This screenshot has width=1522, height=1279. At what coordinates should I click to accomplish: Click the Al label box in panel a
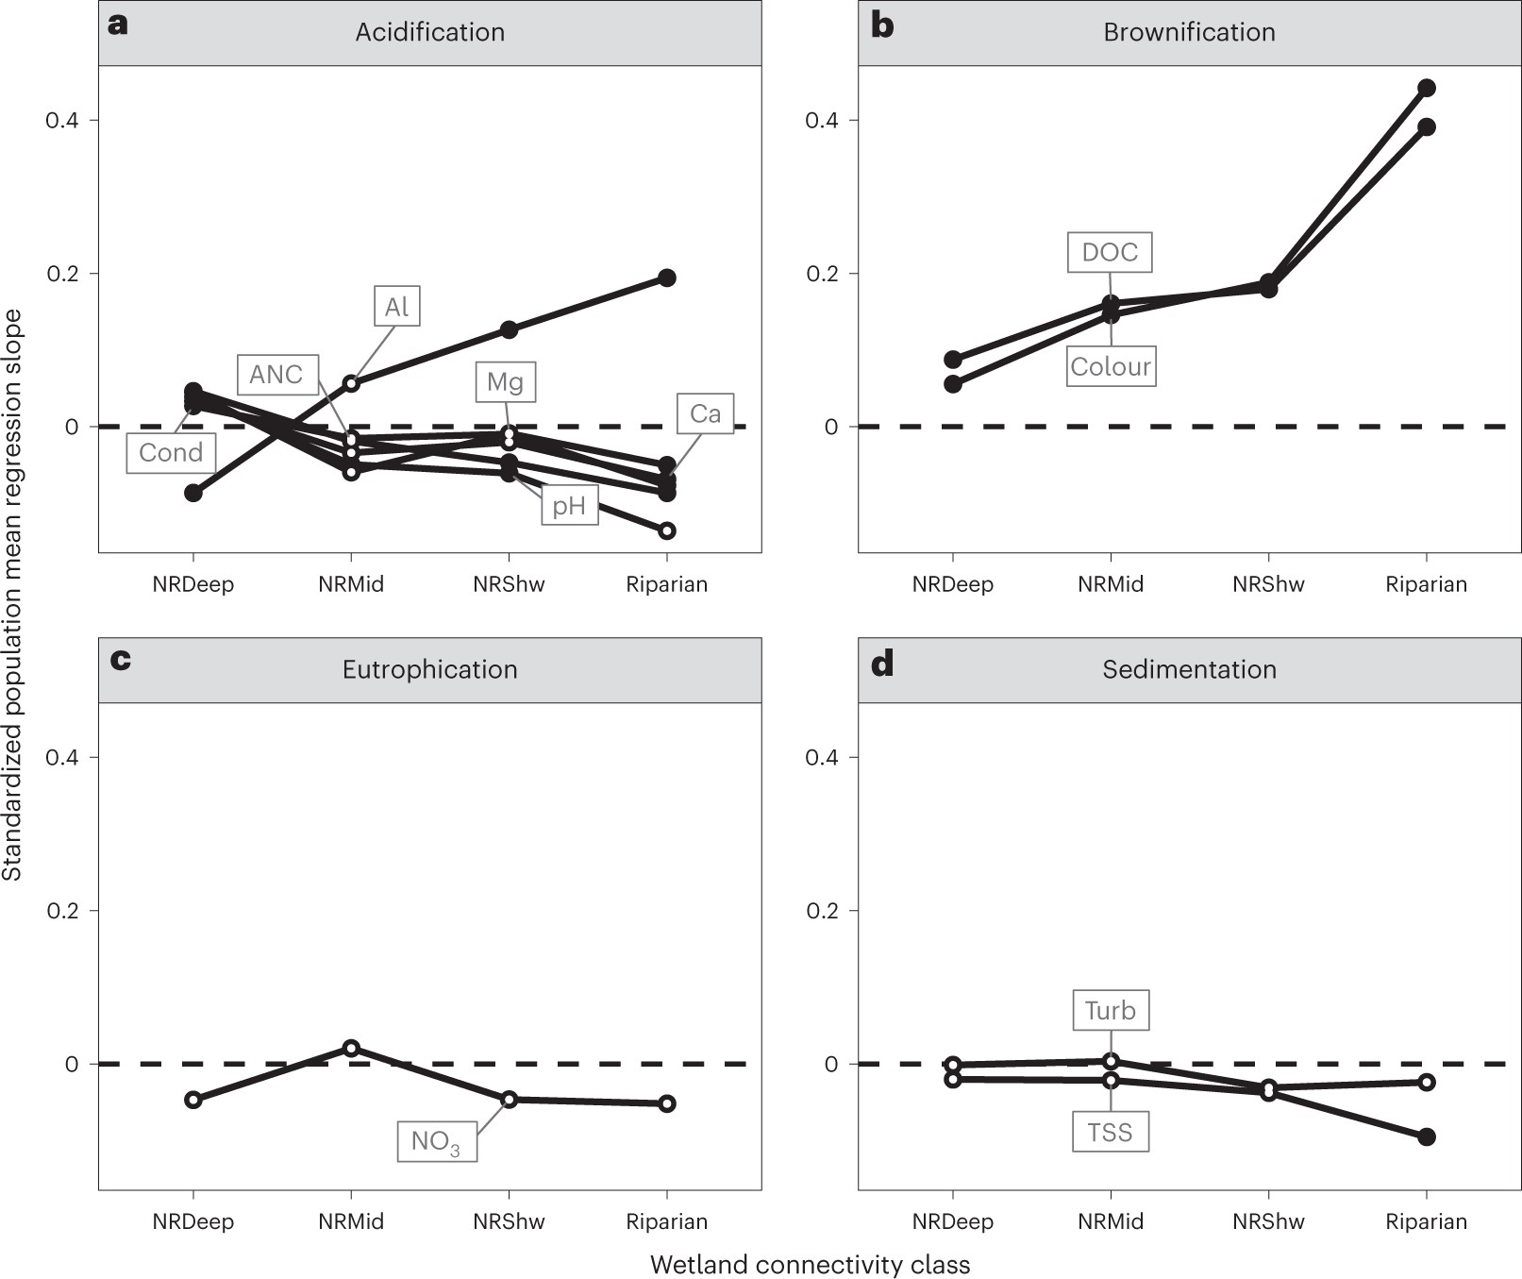tap(396, 307)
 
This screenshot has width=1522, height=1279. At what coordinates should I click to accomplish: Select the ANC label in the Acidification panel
tap(276, 375)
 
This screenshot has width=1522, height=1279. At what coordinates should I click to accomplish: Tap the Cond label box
tap(171, 453)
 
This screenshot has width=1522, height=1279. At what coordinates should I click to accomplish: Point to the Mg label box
tap(505, 382)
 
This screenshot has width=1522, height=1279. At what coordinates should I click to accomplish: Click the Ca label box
tap(705, 413)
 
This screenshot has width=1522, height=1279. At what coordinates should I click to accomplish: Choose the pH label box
tap(569, 506)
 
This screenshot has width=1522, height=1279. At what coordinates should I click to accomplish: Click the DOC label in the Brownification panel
tap(1110, 252)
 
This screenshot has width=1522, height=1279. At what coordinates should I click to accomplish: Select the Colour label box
tap(1111, 366)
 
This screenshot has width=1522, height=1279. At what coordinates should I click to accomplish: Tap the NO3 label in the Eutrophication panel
tap(436, 1142)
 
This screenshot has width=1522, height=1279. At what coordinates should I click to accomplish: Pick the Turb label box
tap(1110, 1010)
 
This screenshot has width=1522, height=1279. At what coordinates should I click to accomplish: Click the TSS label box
tap(1110, 1132)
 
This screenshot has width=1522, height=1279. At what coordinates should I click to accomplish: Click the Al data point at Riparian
tap(667, 278)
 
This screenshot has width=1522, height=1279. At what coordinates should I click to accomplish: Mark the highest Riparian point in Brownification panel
tap(1427, 88)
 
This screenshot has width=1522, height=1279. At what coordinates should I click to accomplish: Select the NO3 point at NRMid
tap(351, 1048)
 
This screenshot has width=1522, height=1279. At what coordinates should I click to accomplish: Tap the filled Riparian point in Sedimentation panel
tap(1427, 1136)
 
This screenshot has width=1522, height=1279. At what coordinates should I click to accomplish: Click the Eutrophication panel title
tap(430, 669)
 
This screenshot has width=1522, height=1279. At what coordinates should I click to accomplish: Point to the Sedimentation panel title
tap(1189, 669)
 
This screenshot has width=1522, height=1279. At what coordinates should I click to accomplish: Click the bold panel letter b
tap(882, 25)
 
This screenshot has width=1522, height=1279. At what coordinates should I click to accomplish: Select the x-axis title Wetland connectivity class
tap(810, 1265)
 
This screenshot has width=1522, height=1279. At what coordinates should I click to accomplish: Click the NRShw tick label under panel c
tap(509, 1221)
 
